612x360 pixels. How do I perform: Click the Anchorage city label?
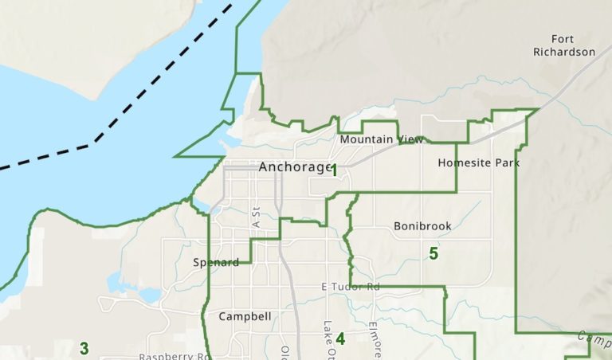point(294,167)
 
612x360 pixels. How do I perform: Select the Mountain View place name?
point(382,139)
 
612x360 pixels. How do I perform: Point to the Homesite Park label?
point(478,162)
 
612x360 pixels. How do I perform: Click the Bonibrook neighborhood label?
point(422,226)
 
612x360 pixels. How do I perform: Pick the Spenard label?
point(216,262)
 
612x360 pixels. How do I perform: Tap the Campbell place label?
point(245,316)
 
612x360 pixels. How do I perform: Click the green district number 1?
point(335,170)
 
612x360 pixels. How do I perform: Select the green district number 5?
point(433,254)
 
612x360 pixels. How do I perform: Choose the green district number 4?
point(340,338)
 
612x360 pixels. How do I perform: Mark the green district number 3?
point(84,348)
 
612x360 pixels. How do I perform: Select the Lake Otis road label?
point(328,338)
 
